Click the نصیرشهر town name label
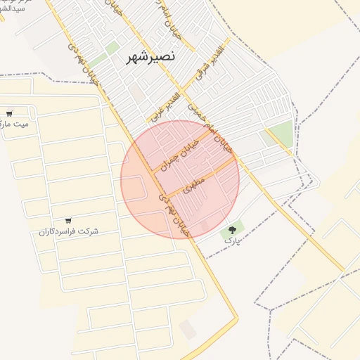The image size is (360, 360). pos(151,56)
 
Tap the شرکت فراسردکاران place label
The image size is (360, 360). pos(68,231)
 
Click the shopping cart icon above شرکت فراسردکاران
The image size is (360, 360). pos(68,221)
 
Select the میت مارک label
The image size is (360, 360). pos(15,124)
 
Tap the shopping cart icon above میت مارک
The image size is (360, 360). pos(9,113)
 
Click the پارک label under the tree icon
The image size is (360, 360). pos(232,240)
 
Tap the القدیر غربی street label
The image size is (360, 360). pos(167,103)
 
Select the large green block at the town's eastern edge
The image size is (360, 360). pos(281,132)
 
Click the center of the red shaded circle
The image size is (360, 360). pos(180,179)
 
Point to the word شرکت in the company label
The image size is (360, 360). pos(89,231)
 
